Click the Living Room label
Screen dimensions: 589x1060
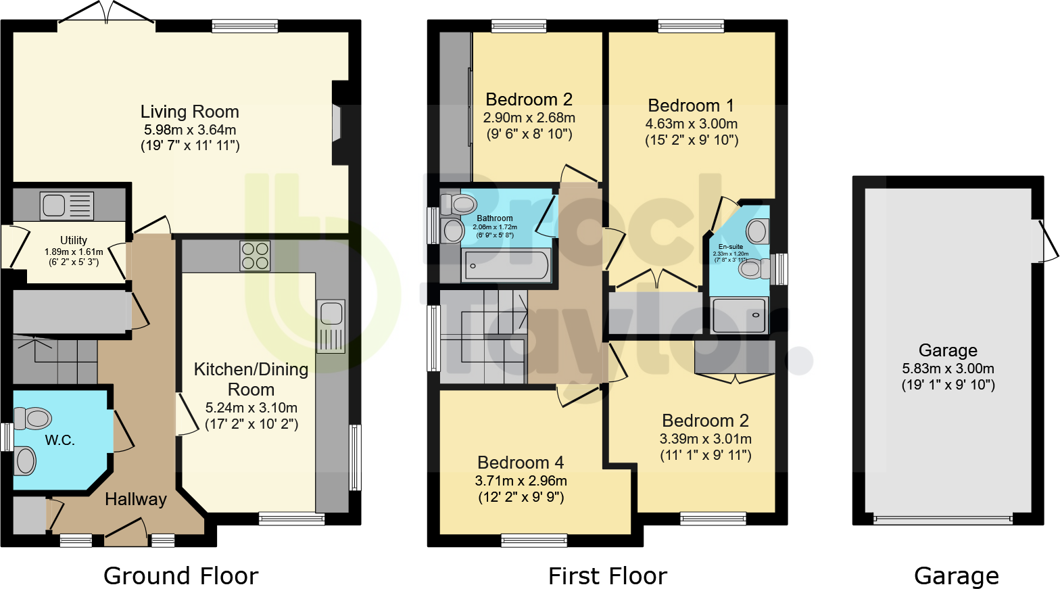(189, 112)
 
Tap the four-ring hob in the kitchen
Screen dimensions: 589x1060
(255, 256)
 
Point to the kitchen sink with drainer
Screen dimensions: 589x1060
(331, 326)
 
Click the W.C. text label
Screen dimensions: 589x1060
(59, 440)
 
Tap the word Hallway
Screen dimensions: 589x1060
(136, 499)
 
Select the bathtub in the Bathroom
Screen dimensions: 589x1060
(506, 265)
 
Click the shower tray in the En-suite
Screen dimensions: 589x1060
(739, 315)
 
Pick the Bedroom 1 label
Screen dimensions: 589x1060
(690, 105)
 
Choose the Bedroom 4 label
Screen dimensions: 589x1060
(520, 463)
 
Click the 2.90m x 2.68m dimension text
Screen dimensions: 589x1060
(529, 118)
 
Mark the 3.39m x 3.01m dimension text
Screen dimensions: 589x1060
(705, 439)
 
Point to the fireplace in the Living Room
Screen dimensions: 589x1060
(337, 123)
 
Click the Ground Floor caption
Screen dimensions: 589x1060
(180, 576)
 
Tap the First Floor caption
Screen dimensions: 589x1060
(607, 576)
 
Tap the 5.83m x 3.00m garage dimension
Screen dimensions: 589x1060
(948, 369)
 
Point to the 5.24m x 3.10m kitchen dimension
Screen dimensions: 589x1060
(251, 408)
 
